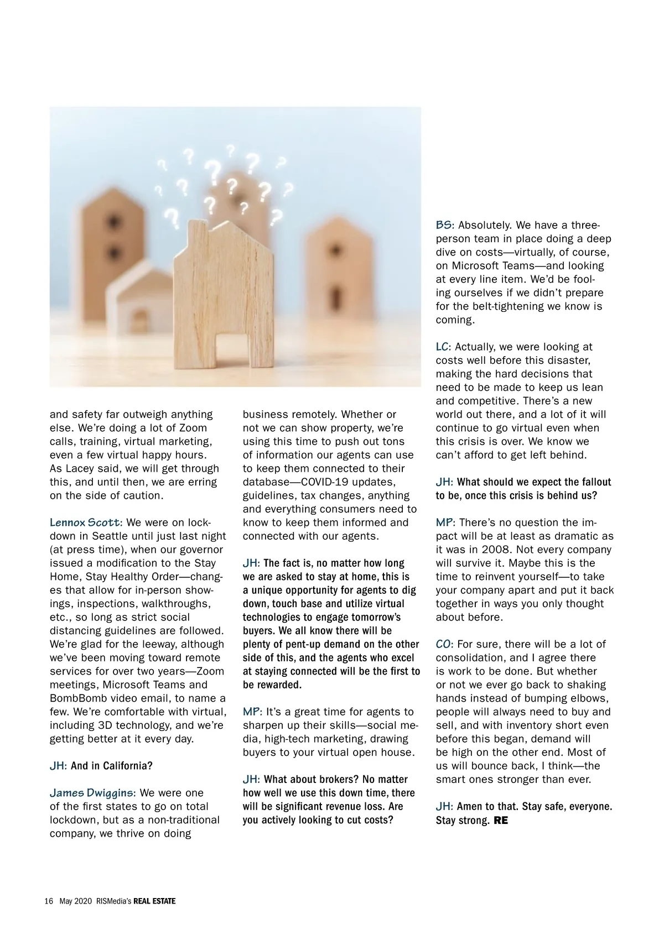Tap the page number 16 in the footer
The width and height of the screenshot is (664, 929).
coord(49,901)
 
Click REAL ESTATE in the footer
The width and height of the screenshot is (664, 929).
coord(154,901)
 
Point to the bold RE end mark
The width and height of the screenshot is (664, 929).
coord(500,820)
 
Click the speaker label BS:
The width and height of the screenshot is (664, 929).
coord(445,225)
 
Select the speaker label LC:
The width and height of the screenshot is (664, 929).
coord(443,347)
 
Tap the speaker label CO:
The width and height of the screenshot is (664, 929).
coord(445,644)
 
